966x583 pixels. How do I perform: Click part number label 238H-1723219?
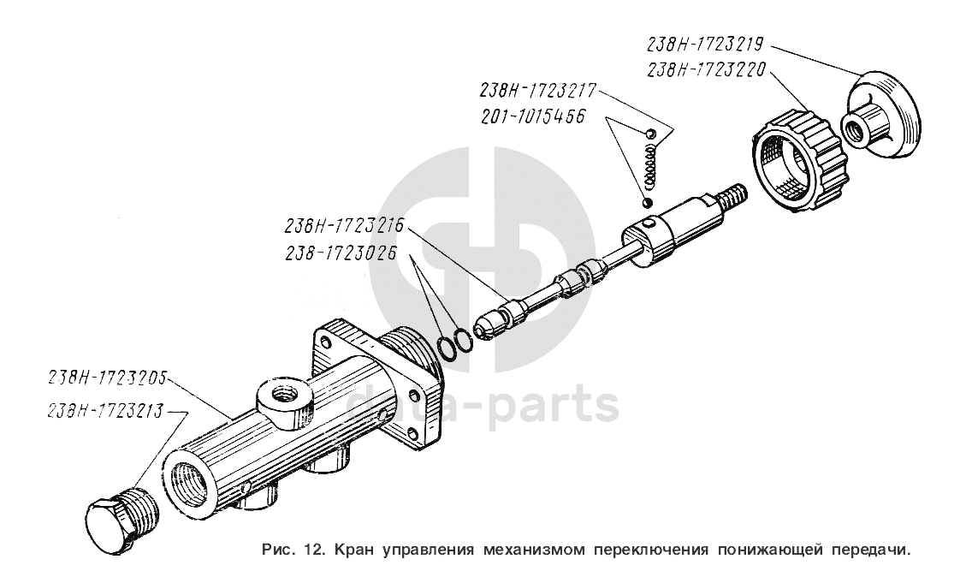[x=705, y=44]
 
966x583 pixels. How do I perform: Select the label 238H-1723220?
[x=706, y=70]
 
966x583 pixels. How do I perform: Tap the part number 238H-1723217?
[x=538, y=91]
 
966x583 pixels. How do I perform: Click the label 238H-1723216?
[x=344, y=225]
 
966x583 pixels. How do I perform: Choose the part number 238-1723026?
[x=341, y=253]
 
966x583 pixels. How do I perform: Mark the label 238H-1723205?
[x=107, y=378]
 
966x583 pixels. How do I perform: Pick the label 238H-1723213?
[x=107, y=411]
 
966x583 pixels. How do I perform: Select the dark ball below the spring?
[x=647, y=203]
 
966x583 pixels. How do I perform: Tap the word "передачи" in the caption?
[x=868, y=549]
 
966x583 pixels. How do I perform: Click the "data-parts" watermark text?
[x=483, y=404]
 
